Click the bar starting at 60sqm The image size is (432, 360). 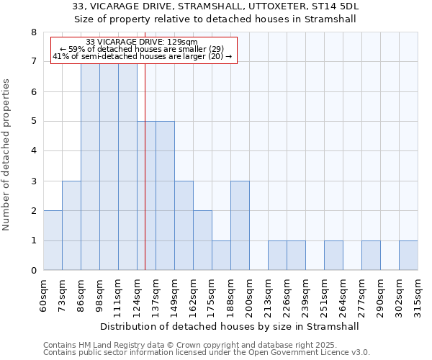click(x=53, y=240)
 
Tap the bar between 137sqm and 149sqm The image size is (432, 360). click(x=165, y=196)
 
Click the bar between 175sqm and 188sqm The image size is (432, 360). click(x=221, y=256)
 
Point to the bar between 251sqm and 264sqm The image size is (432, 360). click(x=333, y=256)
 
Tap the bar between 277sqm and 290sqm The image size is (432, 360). click(x=371, y=256)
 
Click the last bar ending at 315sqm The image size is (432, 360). click(x=408, y=256)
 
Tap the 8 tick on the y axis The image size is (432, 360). click(x=33, y=32)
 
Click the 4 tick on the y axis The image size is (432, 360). click(x=33, y=151)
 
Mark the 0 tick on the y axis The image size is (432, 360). click(x=33, y=271)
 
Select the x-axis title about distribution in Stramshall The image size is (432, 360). click(x=230, y=326)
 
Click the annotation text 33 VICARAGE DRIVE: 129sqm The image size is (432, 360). click(x=142, y=42)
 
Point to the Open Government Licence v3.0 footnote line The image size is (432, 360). click(x=207, y=353)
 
